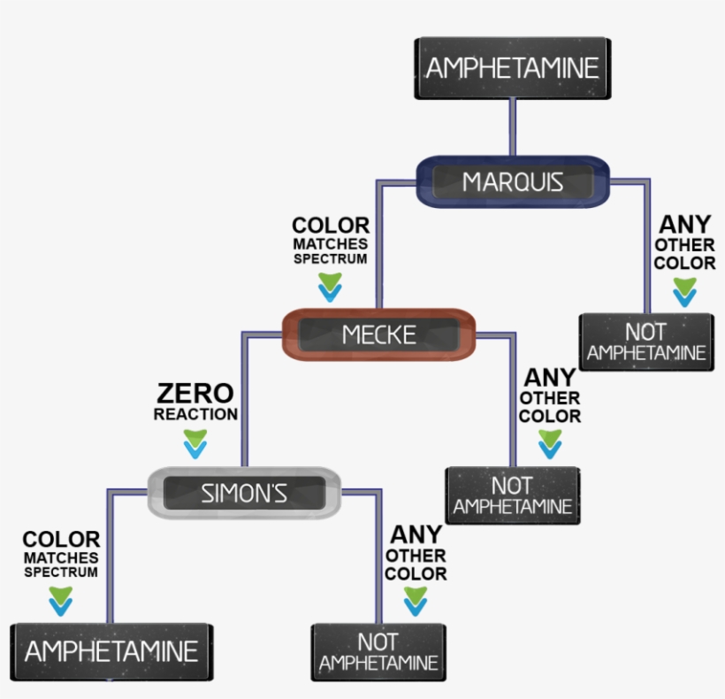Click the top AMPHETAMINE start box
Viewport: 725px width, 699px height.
[x=511, y=67]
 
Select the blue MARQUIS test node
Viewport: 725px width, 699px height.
[x=512, y=182]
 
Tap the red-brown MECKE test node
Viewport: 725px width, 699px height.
[x=379, y=334]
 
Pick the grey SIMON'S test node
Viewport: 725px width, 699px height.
[x=244, y=493]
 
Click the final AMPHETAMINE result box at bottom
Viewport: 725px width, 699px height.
[x=111, y=652]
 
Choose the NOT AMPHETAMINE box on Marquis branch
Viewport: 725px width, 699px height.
[x=646, y=342]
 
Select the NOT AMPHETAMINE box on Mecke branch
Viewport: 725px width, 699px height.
[x=512, y=495]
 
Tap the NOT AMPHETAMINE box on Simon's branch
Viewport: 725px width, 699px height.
[x=378, y=653]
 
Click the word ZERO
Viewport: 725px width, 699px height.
[x=195, y=393]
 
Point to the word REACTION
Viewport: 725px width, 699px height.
[x=195, y=414]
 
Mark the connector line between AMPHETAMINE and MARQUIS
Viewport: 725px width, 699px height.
[x=512, y=127]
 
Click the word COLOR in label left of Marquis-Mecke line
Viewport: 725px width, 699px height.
[x=331, y=227]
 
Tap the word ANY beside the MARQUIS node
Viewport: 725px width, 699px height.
[x=685, y=225]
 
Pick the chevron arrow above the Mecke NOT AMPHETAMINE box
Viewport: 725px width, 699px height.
[x=550, y=444]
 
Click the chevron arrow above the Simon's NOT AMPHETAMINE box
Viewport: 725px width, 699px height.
[x=416, y=602]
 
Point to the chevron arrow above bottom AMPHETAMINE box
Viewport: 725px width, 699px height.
[x=61, y=602]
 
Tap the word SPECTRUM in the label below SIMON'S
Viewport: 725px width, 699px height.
[x=61, y=572]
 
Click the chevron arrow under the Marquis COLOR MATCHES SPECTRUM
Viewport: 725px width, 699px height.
[x=331, y=287]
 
